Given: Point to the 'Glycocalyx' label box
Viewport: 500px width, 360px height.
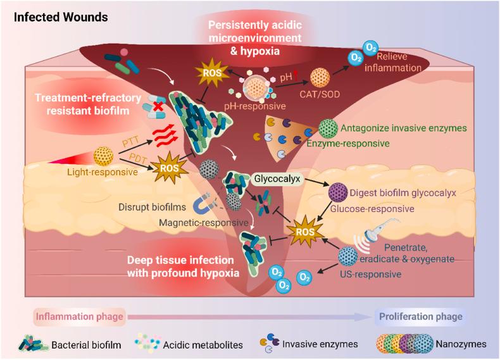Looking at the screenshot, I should pyautogui.click(x=276, y=179).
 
